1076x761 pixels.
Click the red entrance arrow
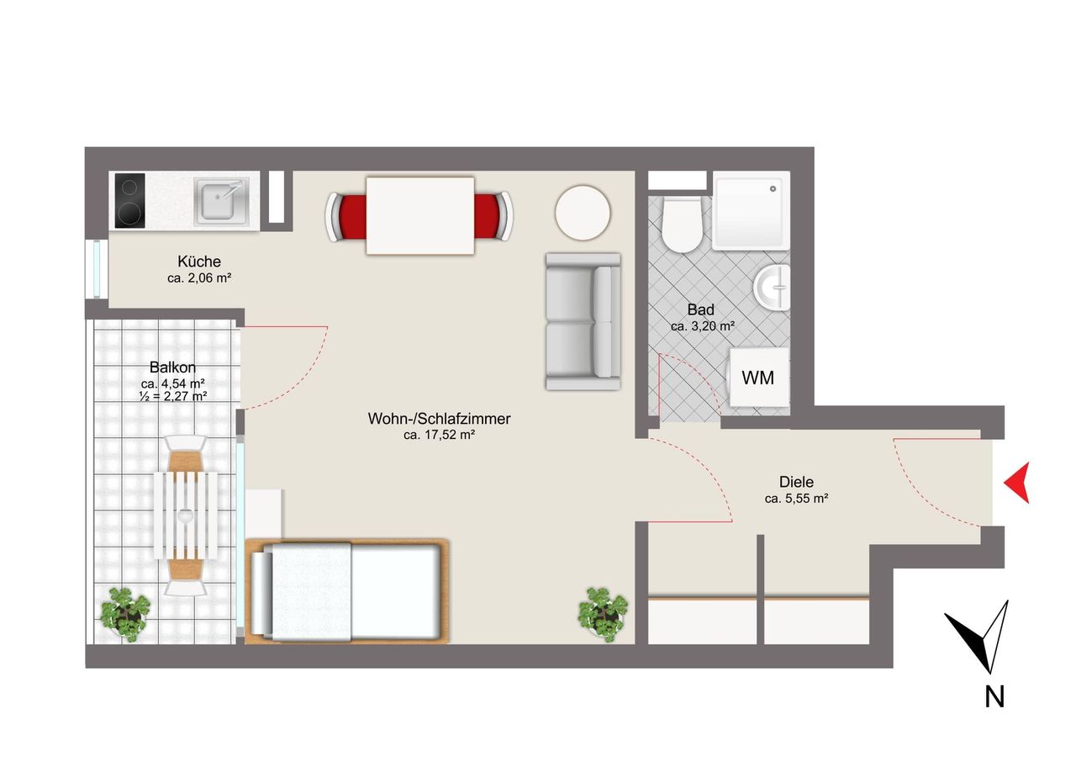pyautogui.click(x=1017, y=483)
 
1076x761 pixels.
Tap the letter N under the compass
pyautogui.click(x=994, y=696)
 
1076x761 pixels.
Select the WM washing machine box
pyautogui.click(x=759, y=378)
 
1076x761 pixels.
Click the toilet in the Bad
pyautogui.click(x=681, y=224)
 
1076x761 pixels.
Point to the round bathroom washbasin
pyautogui.click(x=772, y=288)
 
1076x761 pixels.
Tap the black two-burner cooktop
pyautogui.click(x=129, y=200)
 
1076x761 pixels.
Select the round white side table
pyautogui.click(x=583, y=213)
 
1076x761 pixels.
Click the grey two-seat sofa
pyautogui.click(x=583, y=321)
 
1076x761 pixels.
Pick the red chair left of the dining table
pyautogui.click(x=347, y=216)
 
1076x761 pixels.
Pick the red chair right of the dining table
pyautogui.click(x=493, y=216)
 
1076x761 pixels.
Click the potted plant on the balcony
pyautogui.click(x=125, y=615)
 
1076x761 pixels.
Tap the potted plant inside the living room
pyautogui.click(x=603, y=615)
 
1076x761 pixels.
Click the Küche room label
pyautogui.click(x=199, y=262)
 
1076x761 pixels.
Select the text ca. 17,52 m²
pyautogui.click(x=440, y=436)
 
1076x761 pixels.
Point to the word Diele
pyautogui.click(x=796, y=482)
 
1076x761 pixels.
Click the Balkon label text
pyautogui.click(x=173, y=367)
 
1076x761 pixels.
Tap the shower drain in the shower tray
pyautogui.click(x=773, y=189)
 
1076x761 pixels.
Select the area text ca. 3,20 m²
pyautogui.click(x=703, y=326)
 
